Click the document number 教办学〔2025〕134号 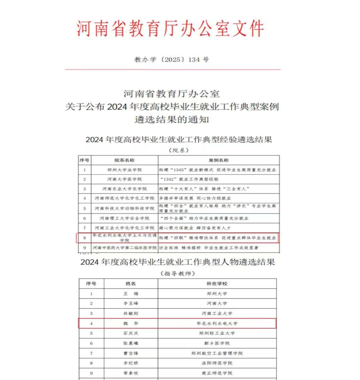click(171, 60)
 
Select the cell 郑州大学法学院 click(125, 170)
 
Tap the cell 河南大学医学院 click(125, 179)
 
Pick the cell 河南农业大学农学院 click(125, 189)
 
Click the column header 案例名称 click(218, 160)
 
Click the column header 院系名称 click(125, 160)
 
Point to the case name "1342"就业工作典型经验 click(189, 179)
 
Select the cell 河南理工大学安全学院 click(125, 218)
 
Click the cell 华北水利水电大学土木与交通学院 click(125, 238)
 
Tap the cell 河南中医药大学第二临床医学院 click(125, 248)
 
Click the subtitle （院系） click(179, 150)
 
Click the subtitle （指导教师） click(178, 273)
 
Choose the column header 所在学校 click(217, 284)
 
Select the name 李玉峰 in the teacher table click(131, 303)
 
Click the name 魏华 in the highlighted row click(131, 324)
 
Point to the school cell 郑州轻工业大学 click(217, 333)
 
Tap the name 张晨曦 click(131, 343)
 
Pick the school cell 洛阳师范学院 click(217, 363)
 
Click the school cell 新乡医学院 click(217, 343)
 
